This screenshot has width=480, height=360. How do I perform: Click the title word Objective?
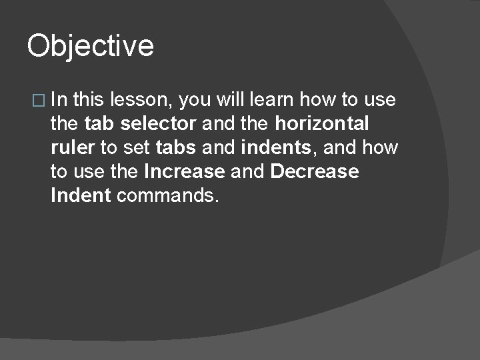[x=90, y=47]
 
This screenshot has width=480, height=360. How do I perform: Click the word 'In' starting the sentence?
[x=59, y=100]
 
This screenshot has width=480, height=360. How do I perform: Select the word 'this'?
[x=89, y=100]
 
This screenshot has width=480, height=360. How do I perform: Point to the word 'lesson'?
[x=142, y=100]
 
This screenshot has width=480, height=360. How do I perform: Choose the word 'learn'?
[x=273, y=100]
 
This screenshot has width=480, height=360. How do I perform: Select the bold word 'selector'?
[x=159, y=124]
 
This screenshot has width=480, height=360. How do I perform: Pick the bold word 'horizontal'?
[x=322, y=124]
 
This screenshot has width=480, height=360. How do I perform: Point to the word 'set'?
[x=137, y=148]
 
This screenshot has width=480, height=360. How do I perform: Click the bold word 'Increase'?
[x=184, y=172]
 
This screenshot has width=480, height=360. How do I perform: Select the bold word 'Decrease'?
[x=315, y=172]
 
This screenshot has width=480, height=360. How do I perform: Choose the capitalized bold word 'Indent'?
[x=81, y=196]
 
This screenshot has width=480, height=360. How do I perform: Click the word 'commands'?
[x=167, y=196]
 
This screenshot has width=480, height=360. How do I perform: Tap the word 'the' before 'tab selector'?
[x=65, y=124]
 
